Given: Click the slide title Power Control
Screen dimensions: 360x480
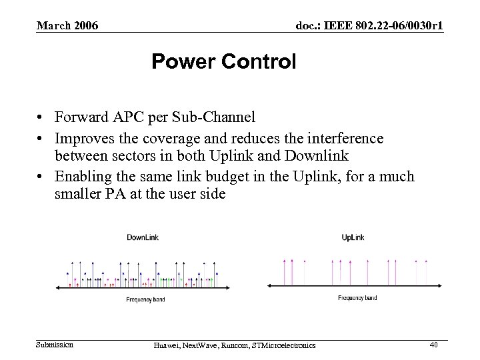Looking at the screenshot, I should [x=223, y=63].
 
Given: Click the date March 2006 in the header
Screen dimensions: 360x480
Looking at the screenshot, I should [x=67, y=26].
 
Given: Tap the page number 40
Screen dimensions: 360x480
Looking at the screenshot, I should [x=433, y=344].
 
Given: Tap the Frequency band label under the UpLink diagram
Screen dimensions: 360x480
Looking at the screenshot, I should [x=357, y=298].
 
